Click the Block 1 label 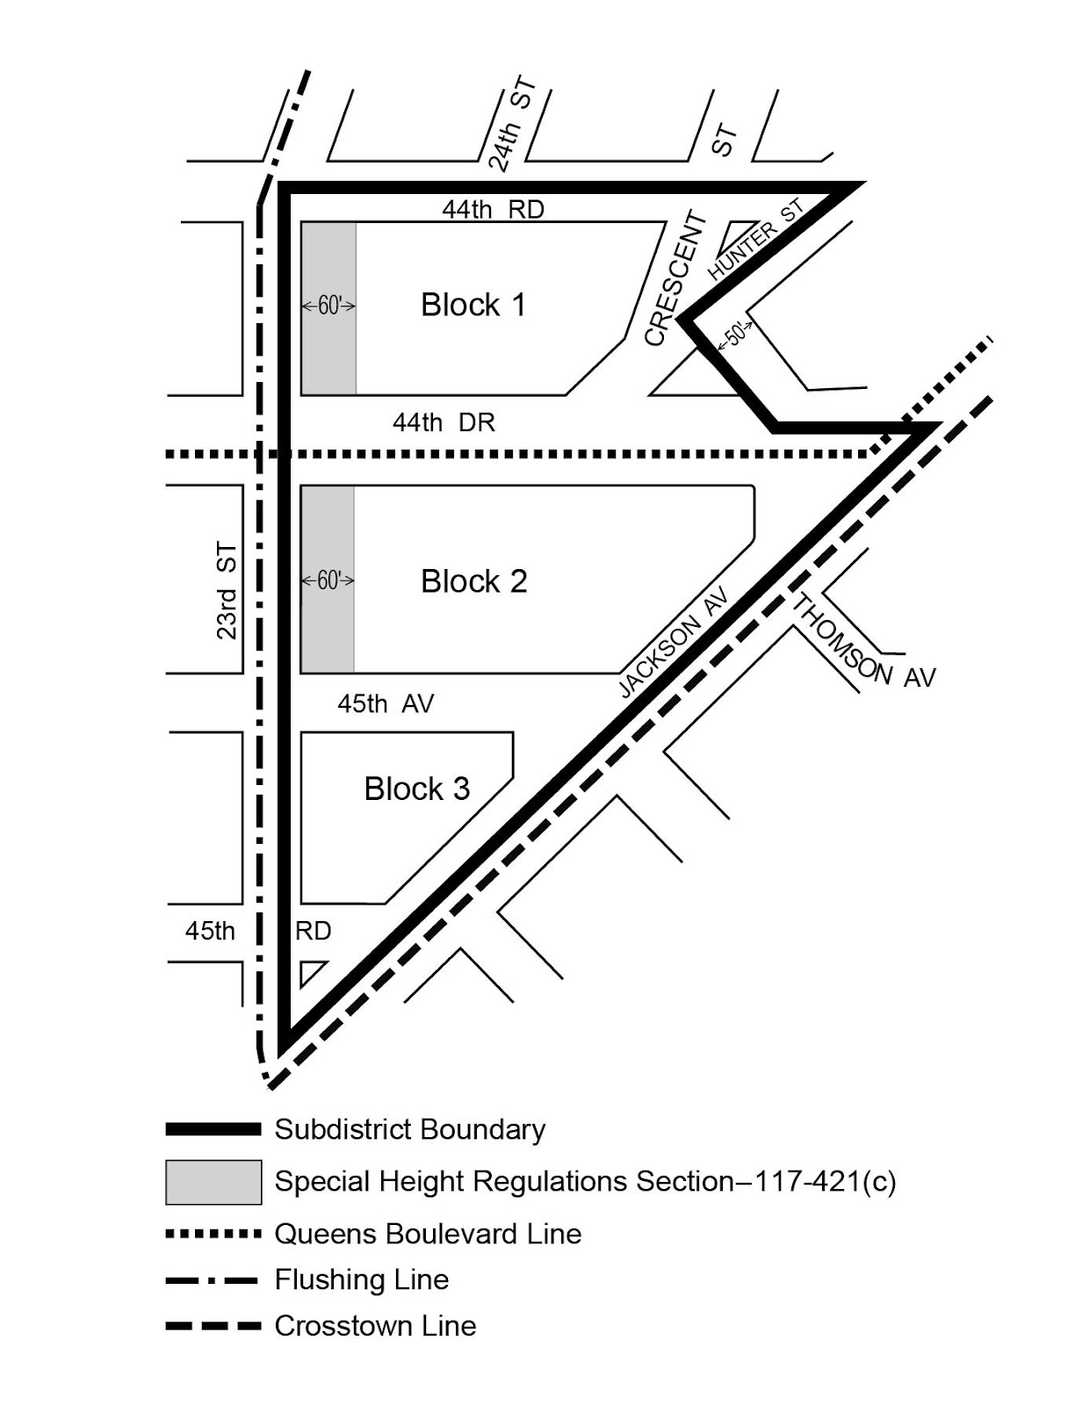pyautogui.click(x=473, y=305)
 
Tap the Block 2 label pyautogui.click(x=473, y=581)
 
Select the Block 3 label pyautogui.click(x=416, y=789)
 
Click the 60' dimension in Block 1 pyautogui.click(x=328, y=306)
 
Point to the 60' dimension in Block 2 pyautogui.click(x=328, y=580)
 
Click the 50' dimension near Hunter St pyautogui.click(x=736, y=335)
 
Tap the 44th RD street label pyautogui.click(x=493, y=209)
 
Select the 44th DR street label pyautogui.click(x=444, y=422)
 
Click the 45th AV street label pyautogui.click(x=386, y=703)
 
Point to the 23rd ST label pyautogui.click(x=227, y=591)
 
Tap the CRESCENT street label pyautogui.click(x=675, y=278)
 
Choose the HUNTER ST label pyautogui.click(x=755, y=239)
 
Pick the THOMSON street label pyautogui.click(x=841, y=639)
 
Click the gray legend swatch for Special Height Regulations pyautogui.click(x=213, y=1181)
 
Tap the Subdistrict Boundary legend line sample pyautogui.click(x=213, y=1129)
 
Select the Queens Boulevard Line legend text pyautogui.click(x=428, y=1234)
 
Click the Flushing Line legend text pyautogui.click(x=361, y=1279)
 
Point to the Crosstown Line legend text pyautogui.click(x=375, y=1325)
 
